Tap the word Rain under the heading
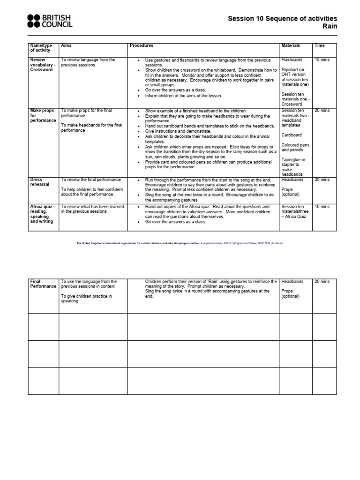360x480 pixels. (x=329, y=27)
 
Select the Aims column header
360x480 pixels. (x=67, y=46)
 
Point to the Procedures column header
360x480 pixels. (x=142, y=46)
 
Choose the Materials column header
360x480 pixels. (x=291, y=46)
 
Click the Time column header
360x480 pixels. (x=320, y=46)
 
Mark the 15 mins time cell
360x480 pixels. (x=322, y=60)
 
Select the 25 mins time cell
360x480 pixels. (x=322, y=180)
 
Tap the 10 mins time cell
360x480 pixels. (x=322, y=207)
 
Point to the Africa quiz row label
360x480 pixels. (x=43, y=214)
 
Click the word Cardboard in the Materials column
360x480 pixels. (x=292, y=135)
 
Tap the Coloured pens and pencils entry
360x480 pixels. (x=293, y=148)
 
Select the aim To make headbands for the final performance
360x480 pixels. (x=91, y=127)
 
